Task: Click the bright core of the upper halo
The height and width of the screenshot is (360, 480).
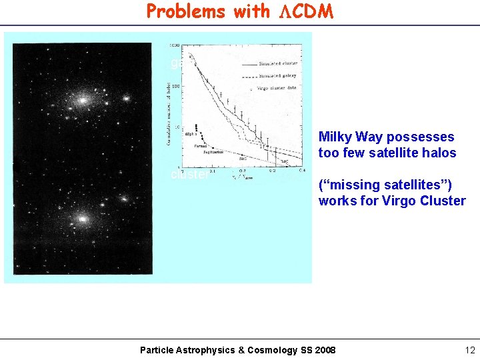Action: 83,101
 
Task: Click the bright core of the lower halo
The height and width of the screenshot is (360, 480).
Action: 82,218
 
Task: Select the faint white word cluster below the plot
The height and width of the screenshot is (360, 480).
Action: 190,175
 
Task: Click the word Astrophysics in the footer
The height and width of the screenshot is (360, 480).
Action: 206,350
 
